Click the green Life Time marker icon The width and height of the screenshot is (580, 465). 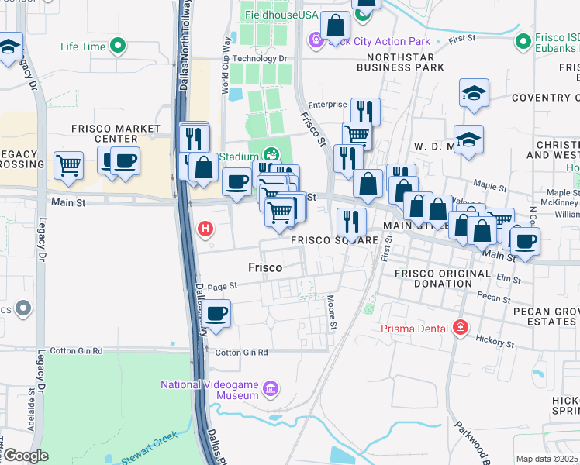point(118,46)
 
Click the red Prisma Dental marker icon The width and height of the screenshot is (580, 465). point(461,328)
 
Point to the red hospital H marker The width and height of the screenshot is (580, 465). point(205,229)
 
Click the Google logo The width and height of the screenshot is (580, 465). point(26,456)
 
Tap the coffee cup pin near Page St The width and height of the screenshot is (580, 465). point(217,314)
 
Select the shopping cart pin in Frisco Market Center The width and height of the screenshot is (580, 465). point(68,164)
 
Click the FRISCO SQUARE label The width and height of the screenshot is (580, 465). point(334,240)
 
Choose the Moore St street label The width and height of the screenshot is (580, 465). point(332,311)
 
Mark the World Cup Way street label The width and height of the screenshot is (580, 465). point(226,65)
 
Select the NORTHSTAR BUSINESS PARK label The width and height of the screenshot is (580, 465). point(400,63)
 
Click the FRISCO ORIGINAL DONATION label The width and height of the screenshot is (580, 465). point(442,278)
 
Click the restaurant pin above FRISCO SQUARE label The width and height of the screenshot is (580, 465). point(351,222)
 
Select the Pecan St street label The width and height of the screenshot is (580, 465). point(494,299)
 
